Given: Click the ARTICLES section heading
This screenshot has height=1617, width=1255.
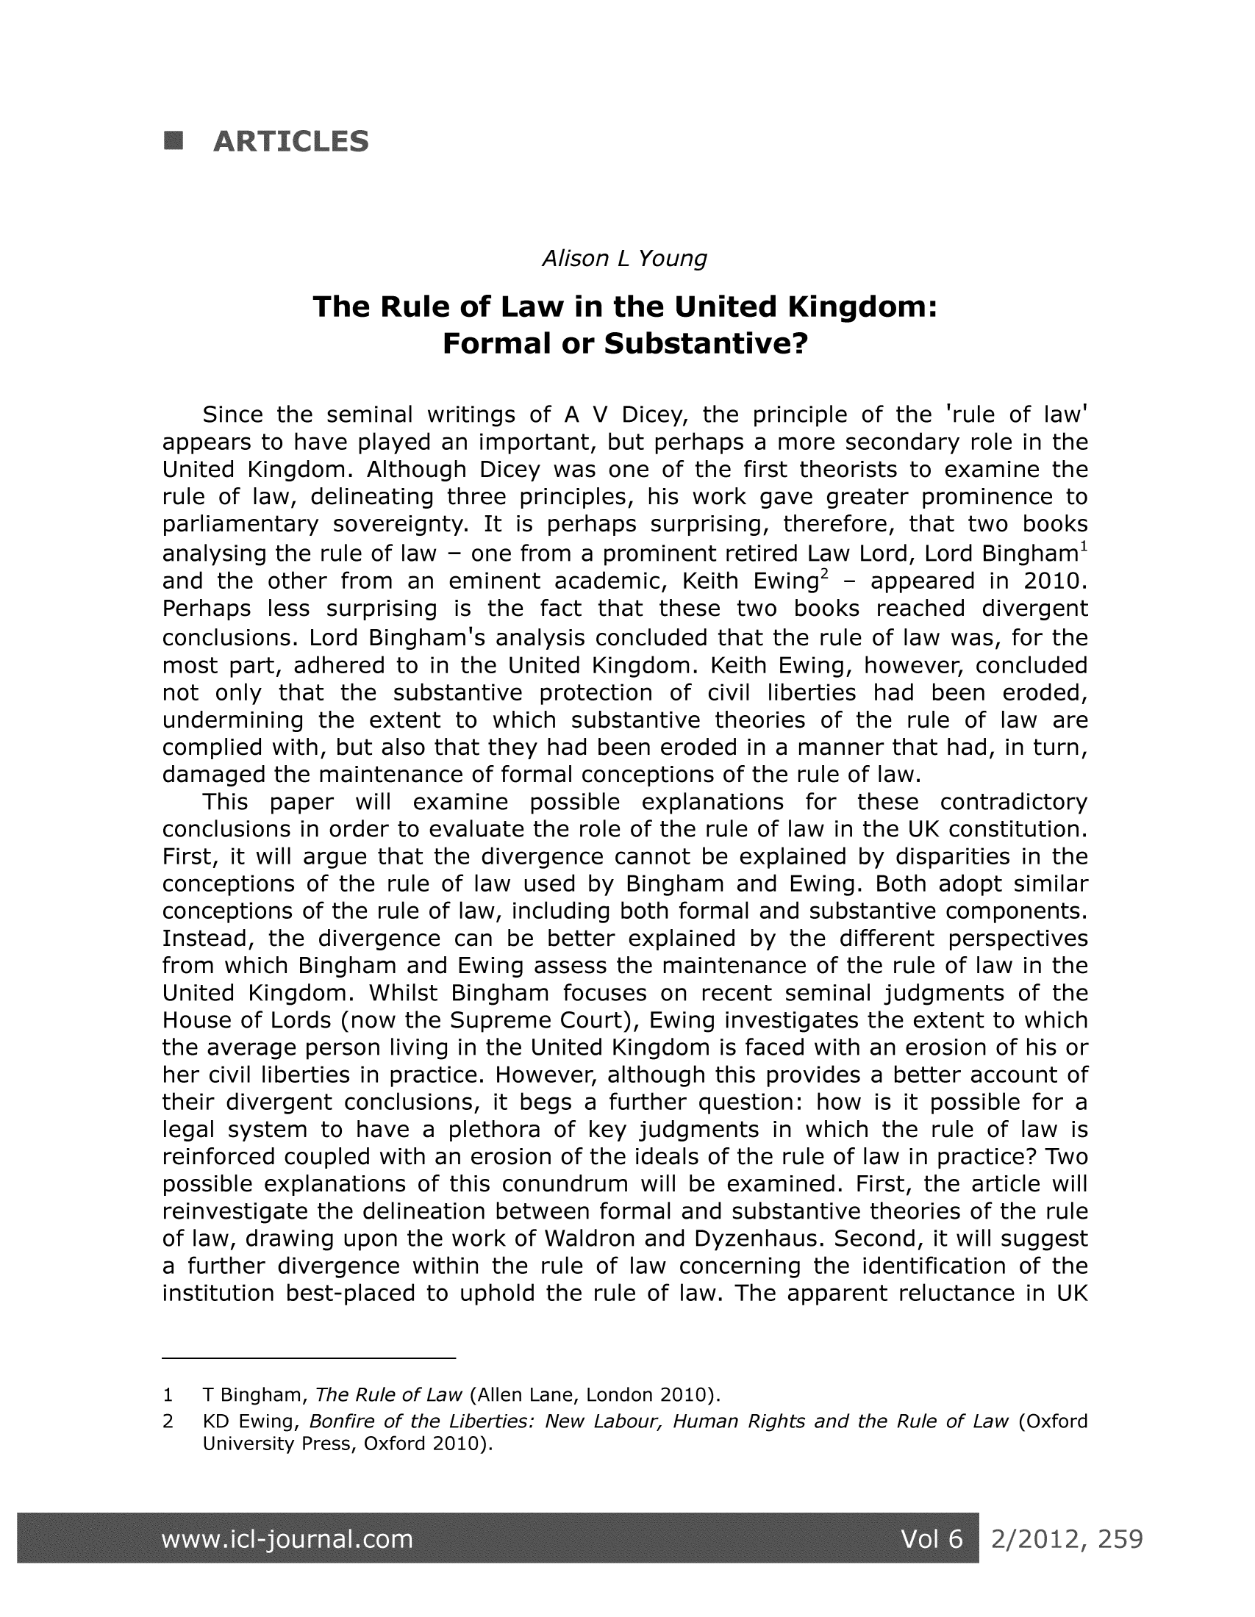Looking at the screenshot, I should click(x=290, y=141).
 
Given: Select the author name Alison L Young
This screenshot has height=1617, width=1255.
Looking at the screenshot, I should click(x=625, y=259).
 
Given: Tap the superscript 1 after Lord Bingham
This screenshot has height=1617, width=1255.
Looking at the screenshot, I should click(x=1083, y=548).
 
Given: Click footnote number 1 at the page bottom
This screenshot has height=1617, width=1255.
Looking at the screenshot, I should click(x=168, y=1396).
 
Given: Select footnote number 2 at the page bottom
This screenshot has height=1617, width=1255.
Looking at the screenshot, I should click(x=168, y=1421).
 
